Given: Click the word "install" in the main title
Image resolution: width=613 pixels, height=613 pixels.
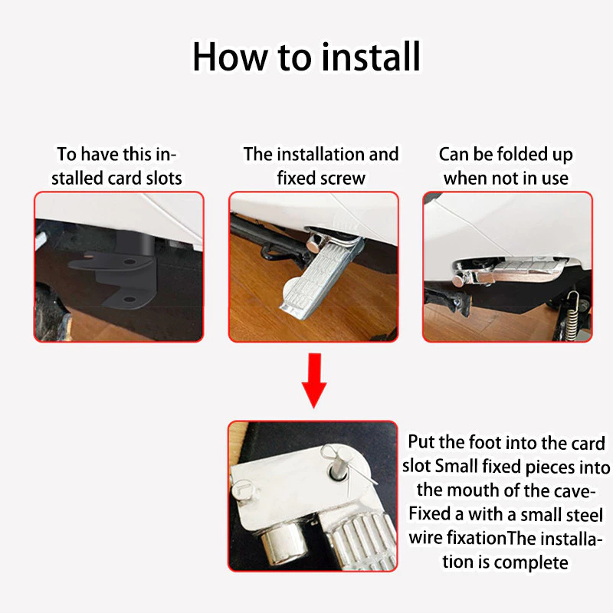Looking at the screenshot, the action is tap(371, 57).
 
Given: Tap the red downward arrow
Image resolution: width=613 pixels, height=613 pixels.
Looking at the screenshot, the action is tap(314, 380).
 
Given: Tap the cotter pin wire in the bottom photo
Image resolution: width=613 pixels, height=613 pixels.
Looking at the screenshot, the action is tap(350, 467).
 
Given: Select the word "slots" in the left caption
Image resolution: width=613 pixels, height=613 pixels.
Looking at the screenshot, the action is tap(164, 179).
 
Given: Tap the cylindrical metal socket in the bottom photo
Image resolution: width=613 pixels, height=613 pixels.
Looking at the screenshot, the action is tap(282, 545).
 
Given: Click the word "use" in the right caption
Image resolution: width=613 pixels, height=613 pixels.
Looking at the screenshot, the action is tap(555, 179).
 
